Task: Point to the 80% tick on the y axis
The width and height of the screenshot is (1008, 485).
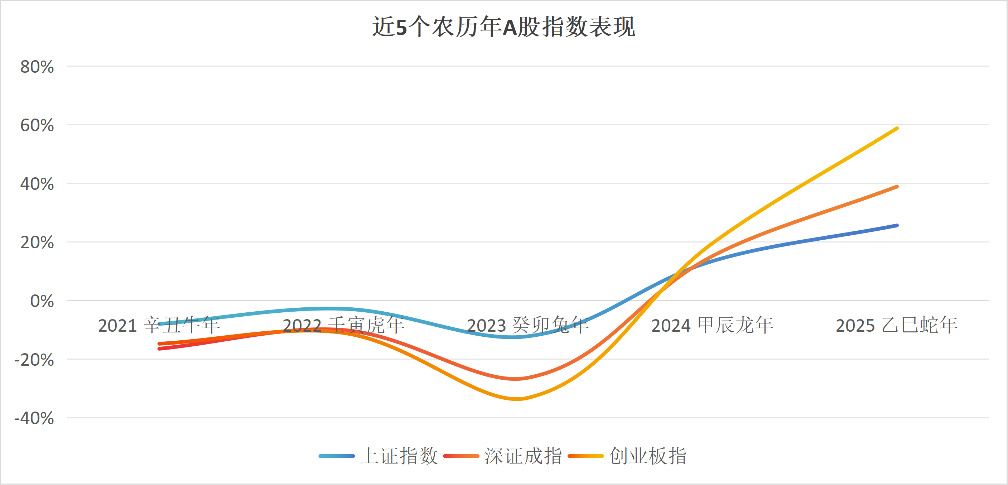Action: pyautogui.click(x=37, y=67)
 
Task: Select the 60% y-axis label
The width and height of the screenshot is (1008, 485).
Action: pyautogui.click(x=37, y=125)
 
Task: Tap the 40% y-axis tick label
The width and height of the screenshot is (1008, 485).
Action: pyautogui.click(x=37, y=184)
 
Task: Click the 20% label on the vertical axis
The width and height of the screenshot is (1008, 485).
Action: pyautogui.click(x=37, y=243)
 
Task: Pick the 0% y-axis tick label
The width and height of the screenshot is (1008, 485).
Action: pyautogui.click(x=42, y=301)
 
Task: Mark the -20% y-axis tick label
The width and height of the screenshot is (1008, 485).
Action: pyautogui.click(x=34, y=360)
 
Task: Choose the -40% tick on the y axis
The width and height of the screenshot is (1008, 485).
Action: pyautogui.click(x=34, y=418)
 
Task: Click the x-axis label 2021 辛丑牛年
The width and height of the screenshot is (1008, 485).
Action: pyautogui.click(x=159, y=326)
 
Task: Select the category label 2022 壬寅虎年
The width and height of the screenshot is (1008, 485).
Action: pyautogui.click(x=343, y=326)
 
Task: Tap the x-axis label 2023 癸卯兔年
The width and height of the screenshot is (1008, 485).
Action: pyautogui.click(x=527, y=326)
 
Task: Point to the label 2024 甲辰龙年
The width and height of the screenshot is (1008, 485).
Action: pyautogui.click(x=712, y=326)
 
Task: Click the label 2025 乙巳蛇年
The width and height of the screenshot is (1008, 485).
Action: pyautogui.click(x=897, y=326)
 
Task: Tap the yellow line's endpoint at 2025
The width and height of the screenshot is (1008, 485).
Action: pyautogui.click(x=897, y=128)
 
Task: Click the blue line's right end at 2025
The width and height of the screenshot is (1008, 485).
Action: pyautogui.click(x=897, y=225)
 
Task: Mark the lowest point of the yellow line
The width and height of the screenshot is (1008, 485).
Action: pyautogui.click(x=516, y=399)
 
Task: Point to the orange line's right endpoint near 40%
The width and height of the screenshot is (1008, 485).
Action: pyautogui.click(x=897, y=187)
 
